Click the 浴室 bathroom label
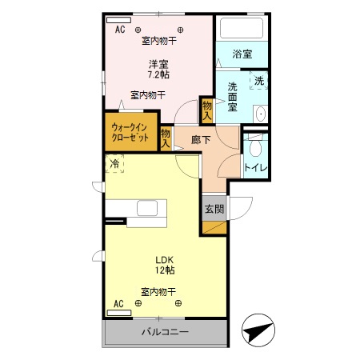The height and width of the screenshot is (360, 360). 242,54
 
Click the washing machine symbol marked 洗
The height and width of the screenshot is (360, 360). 258,82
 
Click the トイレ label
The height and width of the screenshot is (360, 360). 255,168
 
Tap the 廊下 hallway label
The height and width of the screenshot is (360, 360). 201,140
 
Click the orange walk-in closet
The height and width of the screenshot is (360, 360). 130,132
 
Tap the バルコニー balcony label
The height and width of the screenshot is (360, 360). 165,331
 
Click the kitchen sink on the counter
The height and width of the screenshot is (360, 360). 147,209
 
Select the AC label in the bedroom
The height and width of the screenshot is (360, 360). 120,30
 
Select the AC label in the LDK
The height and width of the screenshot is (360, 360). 118,304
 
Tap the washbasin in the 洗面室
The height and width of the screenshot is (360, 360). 260,114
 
